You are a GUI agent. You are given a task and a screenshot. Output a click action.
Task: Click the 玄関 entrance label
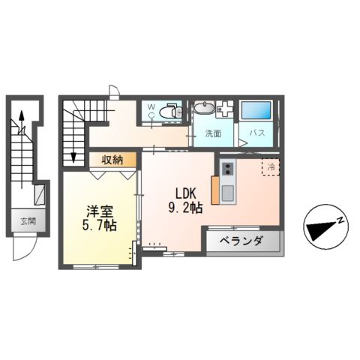(28, 221)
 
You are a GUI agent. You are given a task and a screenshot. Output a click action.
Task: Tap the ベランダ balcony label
(241, 241)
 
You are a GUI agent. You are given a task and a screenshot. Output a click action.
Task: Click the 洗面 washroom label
(214, 134)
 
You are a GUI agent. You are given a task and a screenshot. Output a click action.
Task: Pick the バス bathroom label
(256, 134)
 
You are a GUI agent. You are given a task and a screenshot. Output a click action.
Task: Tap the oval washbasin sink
(203, 108)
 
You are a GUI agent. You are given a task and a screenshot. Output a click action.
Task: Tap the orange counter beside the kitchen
(216, 189)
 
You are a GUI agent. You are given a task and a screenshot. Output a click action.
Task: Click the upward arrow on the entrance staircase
(22, 117)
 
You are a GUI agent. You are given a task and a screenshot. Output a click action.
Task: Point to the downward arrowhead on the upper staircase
(73, 157)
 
